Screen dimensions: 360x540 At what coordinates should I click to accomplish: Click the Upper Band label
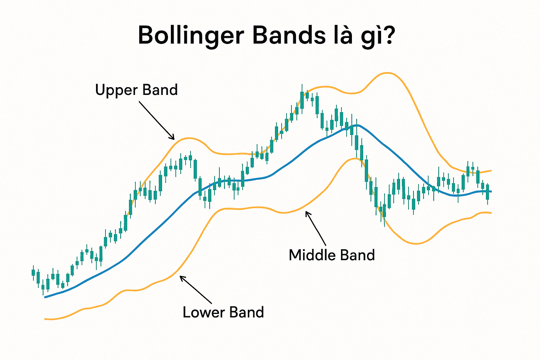136,90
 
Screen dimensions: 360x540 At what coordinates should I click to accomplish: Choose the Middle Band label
332,255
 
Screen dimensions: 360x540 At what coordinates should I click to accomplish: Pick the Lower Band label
223,312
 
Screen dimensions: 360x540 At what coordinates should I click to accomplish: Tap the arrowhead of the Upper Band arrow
173,138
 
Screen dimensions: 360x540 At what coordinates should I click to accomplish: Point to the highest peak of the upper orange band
387,73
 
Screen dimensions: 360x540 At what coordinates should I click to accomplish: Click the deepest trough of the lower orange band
416,243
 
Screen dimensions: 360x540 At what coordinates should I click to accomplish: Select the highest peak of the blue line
356,125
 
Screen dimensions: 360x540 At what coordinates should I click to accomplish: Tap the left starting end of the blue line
45,297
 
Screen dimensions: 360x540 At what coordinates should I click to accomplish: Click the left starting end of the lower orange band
45,319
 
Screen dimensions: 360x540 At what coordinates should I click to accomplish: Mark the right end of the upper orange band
490,171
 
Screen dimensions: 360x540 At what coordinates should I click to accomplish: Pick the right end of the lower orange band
490,213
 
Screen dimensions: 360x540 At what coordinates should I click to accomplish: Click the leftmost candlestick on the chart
33,272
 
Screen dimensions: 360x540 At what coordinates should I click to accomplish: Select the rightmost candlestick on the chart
488,192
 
